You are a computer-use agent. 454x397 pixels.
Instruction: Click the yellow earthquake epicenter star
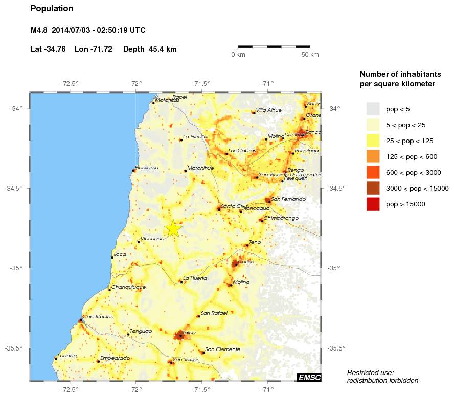[x=173, y=228]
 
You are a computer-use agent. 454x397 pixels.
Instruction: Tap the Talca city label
[x=189, y=333]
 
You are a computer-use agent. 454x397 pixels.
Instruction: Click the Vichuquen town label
[x=154, y=239]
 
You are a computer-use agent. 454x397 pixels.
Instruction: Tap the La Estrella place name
[x=195, y=137]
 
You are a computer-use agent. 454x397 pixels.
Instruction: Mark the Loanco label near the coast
[x=67, y=356]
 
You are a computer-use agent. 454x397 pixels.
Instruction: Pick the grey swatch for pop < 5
[x=373, y=109]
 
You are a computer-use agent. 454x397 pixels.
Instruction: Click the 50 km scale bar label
[x=310, y=55]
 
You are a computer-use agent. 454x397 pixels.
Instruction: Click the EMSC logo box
[x=309, y=378]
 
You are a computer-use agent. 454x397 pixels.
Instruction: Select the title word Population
[x=52, y=9]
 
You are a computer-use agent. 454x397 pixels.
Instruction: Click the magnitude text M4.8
[x=39, y=30]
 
